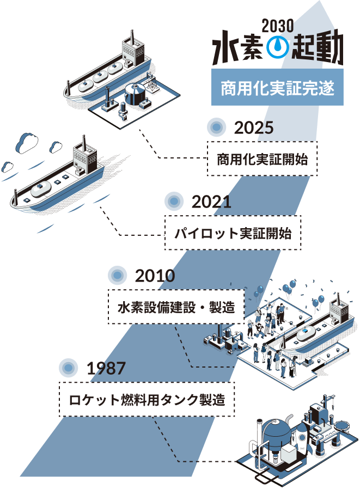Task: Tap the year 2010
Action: pos(155,276)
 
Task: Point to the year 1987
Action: pos(106,368)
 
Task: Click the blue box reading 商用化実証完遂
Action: pos(277,87)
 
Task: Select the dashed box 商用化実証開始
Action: pos(262,159)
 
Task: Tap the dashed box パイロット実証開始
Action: pos(233,234)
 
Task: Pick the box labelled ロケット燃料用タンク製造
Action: pos(147,400)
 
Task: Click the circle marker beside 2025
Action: pos(217,127)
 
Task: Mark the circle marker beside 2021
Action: pos(173,201)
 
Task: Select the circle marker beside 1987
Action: pos(68,368)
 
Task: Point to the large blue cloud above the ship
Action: pos(26,143)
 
